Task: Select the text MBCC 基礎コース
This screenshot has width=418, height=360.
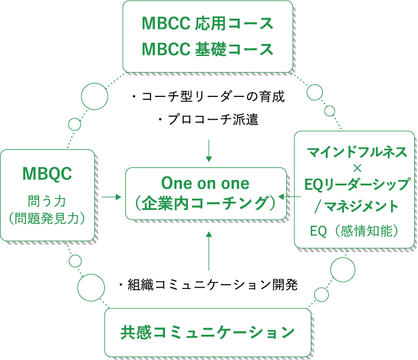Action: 207,49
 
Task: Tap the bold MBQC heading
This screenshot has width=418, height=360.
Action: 47,174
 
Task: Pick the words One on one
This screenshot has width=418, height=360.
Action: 205,183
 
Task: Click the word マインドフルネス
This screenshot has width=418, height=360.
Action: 354,151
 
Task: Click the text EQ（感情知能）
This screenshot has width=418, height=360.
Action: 354,231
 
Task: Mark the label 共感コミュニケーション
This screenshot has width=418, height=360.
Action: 208,332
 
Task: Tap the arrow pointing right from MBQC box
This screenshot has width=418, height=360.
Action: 111,197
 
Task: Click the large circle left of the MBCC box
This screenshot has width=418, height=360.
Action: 95,97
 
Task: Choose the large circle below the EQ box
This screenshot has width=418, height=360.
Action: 343,270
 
